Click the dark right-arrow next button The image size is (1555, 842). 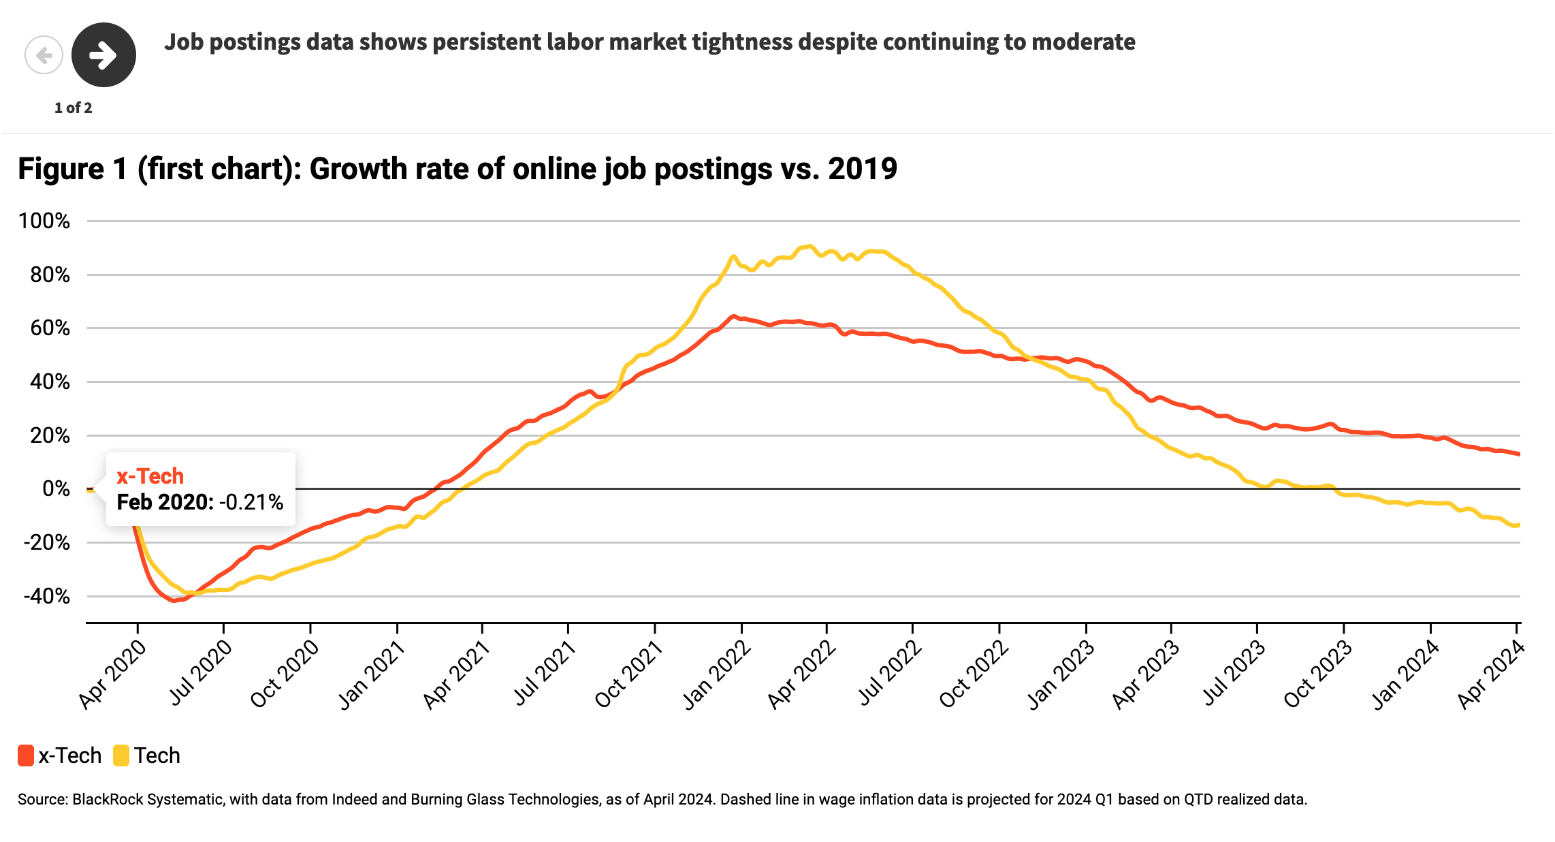coord(103,55)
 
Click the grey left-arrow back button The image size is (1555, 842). coord(44,55)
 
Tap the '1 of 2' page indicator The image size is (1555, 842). coord(73,108)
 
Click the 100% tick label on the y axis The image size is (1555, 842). coord(44,221)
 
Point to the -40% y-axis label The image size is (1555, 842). coord(46,597)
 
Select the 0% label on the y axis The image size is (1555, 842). coord(56,489)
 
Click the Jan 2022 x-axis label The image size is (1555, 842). coord(717,676)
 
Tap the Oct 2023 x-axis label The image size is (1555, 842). coord(1317,676)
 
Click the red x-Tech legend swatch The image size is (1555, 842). coord(26,755)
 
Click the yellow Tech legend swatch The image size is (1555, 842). coord(121,755)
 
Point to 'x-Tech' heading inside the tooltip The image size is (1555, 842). coord(150,475)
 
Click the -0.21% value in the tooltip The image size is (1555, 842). coord(251,502)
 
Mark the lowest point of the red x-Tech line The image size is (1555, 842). coord(174,600)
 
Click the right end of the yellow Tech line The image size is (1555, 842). coord(1518,525)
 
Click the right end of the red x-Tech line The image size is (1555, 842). coord(1518,454)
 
